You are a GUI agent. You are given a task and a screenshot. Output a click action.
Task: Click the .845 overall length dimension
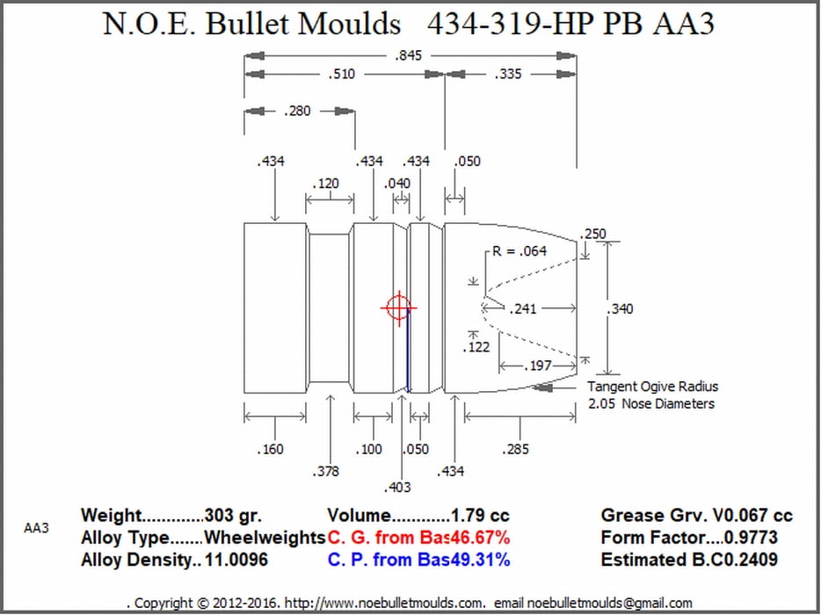(x=408, y=55)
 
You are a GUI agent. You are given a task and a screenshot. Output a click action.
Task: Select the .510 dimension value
(x=341, y=74)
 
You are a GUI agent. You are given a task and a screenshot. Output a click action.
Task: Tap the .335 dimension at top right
(x=508, y=74)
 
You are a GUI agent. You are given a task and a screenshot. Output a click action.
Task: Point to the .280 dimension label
(x=297, y=111)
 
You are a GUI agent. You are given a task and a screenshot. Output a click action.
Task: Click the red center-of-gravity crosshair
(x=399, y=307)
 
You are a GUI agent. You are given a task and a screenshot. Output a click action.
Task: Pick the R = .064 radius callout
(x=519, y=251)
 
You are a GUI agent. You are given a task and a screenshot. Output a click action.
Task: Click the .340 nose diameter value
(x=620, y=308)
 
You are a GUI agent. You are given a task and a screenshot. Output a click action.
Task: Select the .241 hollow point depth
(x=523, y=308)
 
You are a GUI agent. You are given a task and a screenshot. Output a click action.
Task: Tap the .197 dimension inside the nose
(x=538, y=365)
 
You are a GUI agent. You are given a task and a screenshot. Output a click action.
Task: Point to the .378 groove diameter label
(x=325, y=472)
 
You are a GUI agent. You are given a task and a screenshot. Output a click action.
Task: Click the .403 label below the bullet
(x=397, y=488)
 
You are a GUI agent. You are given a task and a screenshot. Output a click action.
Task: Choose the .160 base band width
(x=270, y=449)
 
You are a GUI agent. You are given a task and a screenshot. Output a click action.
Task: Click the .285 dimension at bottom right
(x=515, y=449)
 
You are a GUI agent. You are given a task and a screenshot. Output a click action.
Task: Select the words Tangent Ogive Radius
(x=652, y=387)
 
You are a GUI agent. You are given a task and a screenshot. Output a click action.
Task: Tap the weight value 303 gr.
(x=233, y=516)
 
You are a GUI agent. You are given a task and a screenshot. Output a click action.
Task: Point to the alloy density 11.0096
(x=236, y=560)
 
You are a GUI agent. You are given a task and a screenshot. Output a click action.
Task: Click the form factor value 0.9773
(x=752, y=538)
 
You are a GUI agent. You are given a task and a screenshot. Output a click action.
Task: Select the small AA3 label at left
(x=36, y=528)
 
